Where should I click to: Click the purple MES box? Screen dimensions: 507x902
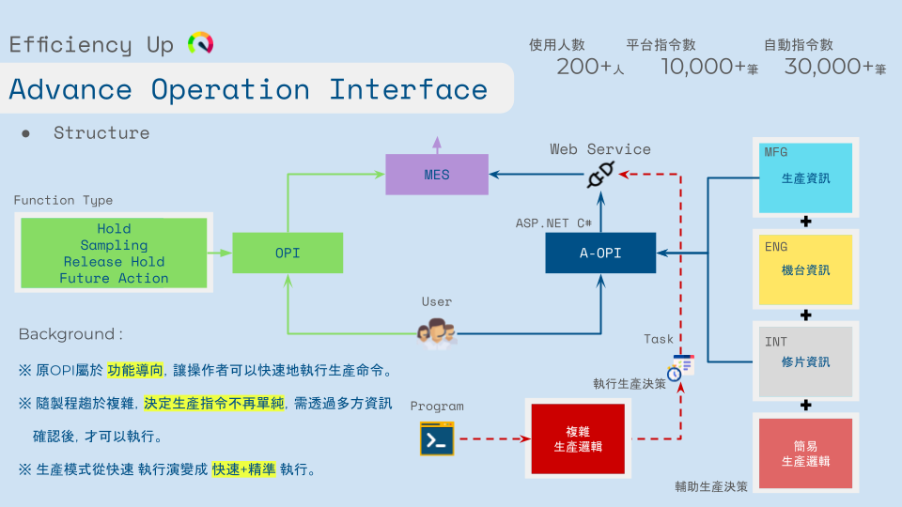[437, 175]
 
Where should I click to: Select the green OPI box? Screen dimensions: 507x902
[288, 253]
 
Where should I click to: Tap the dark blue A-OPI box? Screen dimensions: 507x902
[600, 253]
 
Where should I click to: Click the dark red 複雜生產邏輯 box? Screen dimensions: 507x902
[577, 438]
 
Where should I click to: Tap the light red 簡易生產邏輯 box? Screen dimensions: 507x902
[805, 453]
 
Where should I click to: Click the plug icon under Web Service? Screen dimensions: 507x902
[600, 175]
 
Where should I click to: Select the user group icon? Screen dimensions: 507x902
[437, 331]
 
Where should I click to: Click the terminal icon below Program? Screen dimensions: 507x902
[437, 439]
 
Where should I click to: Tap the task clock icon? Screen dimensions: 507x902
[680, 367]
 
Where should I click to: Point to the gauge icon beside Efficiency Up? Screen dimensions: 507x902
[200, 43]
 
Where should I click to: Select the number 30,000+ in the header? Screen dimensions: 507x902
[829, 67]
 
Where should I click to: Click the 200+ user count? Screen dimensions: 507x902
[584, 67]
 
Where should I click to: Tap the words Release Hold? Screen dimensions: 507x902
[114, 262]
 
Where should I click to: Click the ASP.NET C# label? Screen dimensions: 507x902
[553, 223]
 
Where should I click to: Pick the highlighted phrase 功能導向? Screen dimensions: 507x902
[135, 369]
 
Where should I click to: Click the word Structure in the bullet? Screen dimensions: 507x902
[101, 133]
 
